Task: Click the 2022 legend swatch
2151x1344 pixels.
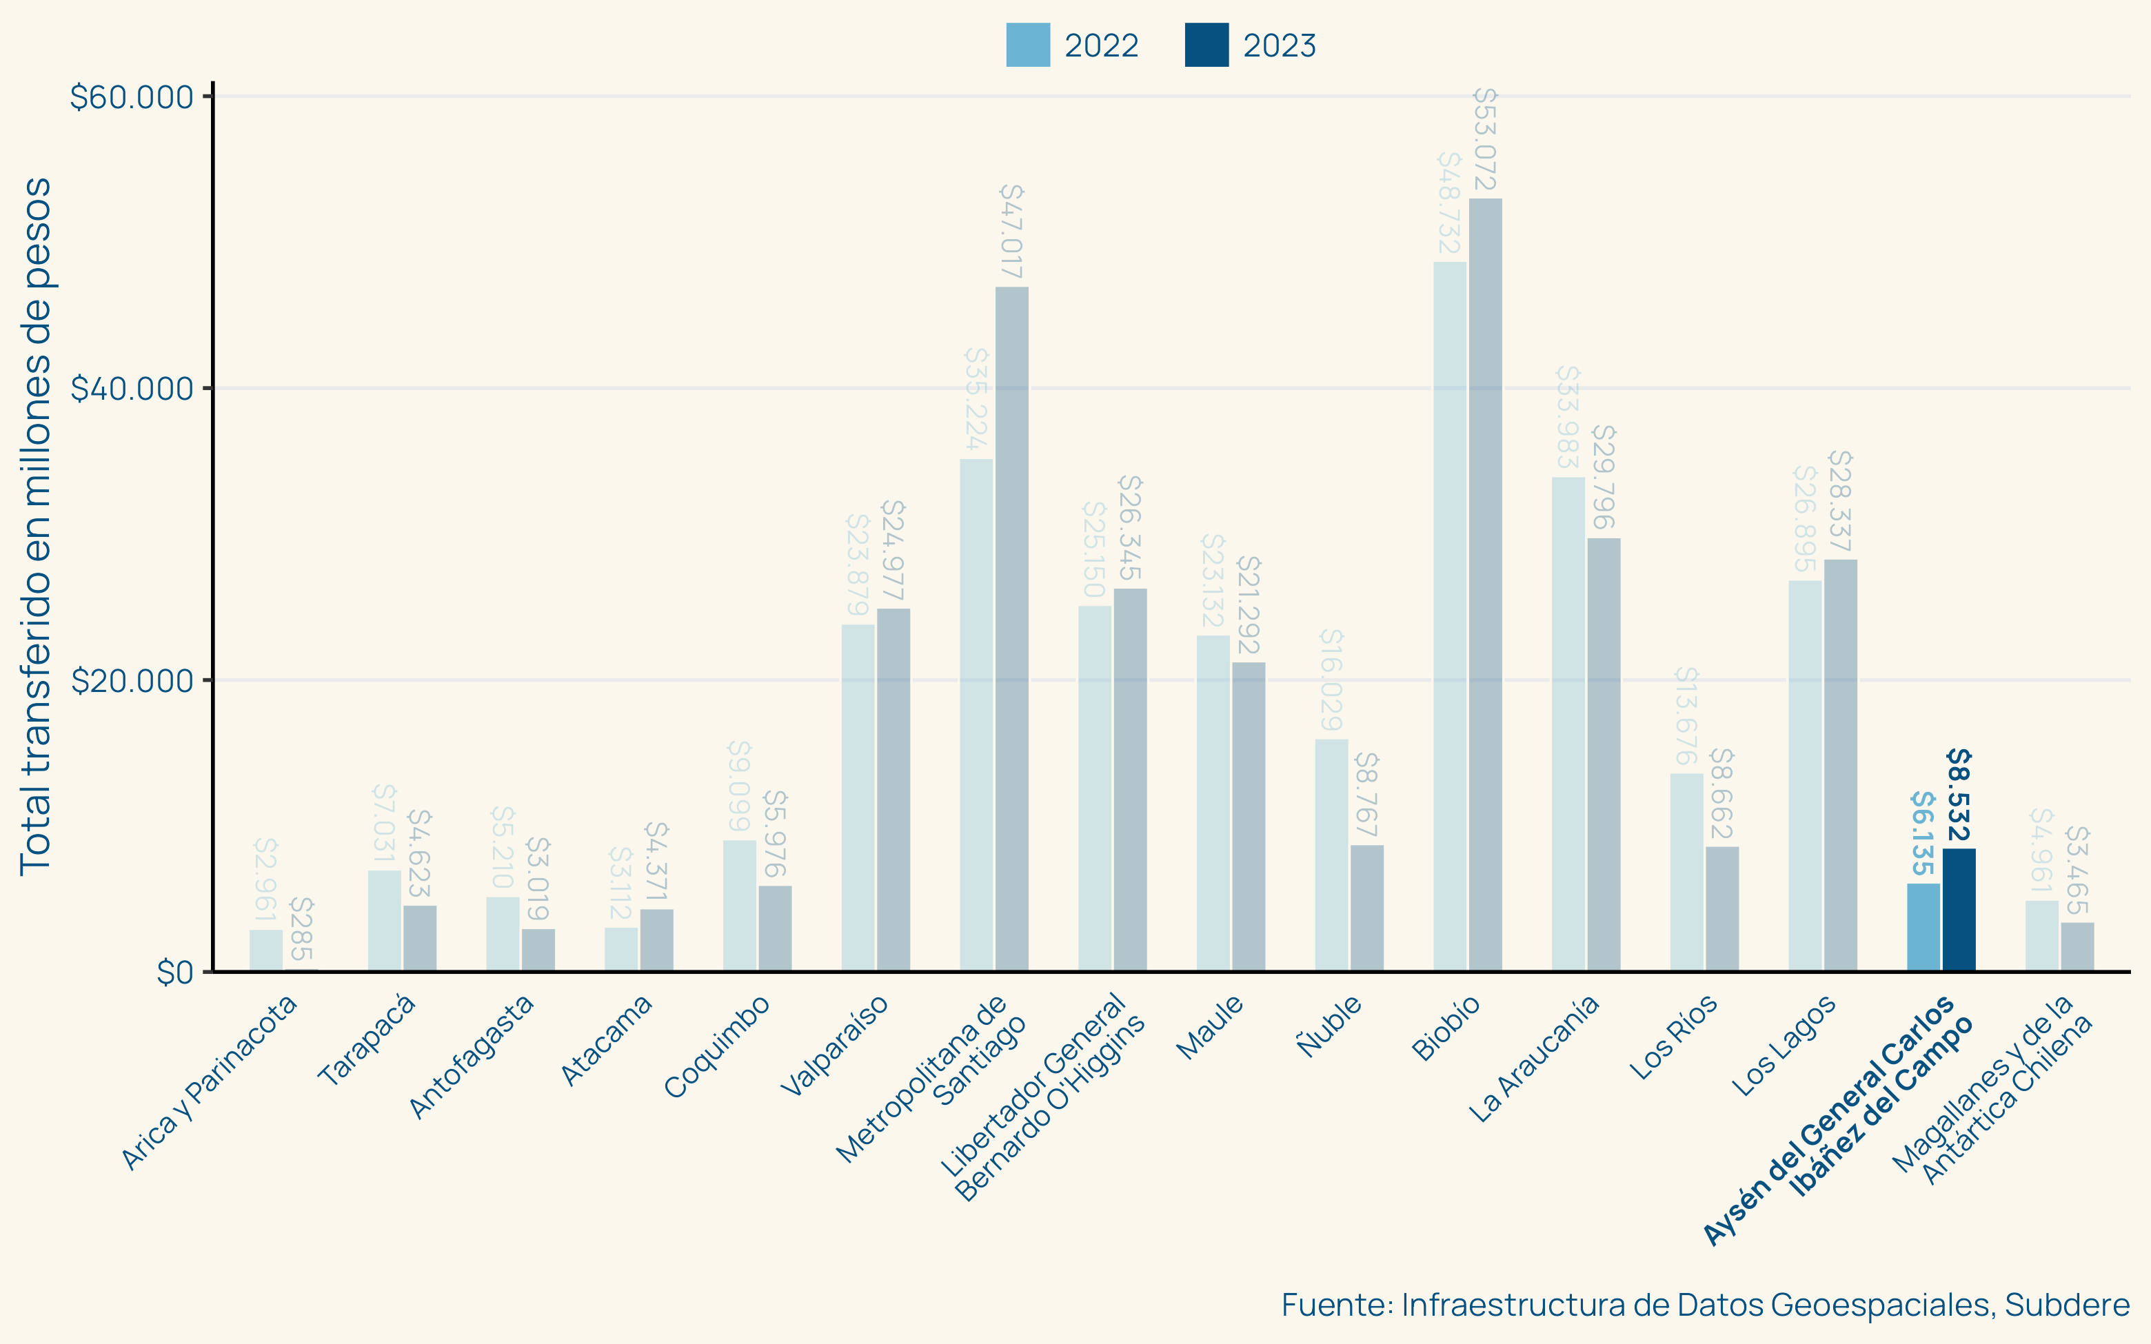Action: (1027, 45)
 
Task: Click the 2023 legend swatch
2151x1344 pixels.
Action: (1206, 45)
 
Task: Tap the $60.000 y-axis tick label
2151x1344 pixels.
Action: (132, 97)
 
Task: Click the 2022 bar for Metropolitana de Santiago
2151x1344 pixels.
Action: (976, 715)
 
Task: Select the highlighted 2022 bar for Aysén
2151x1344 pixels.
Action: (1923, 927)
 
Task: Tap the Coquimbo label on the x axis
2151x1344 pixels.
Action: (718, 1046)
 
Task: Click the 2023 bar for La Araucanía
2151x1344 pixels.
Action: (1604, 755)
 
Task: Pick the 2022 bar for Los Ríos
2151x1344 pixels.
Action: (1686, 872)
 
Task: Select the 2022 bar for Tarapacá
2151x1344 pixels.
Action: (384, 921)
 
